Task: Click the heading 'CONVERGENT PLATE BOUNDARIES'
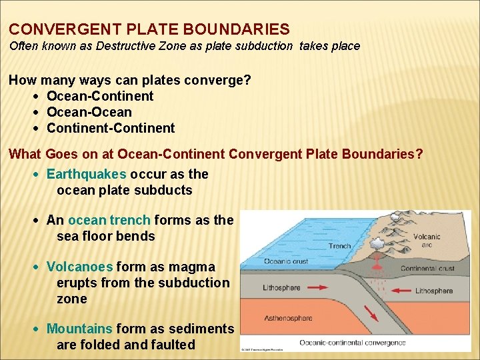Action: pyautogui.click(x=149, y=29)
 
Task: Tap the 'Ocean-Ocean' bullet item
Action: pyautogui.click(x=89, y=112)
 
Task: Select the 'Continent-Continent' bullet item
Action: pyautogui.click(x=111, y=128)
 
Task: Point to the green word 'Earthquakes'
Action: pyautogui.click(x=86, y=174)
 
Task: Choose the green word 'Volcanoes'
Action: pyautogui.click(x=80, y=267)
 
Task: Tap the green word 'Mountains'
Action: pyautogui.click(x=80, y=329)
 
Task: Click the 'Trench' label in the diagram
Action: pyautogui.click(x=339, y=246)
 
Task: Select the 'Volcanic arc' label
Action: pyautogui.click(x=427, y=241)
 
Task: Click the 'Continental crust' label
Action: pyautogui.click(x=427, y=269)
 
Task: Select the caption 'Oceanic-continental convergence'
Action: pyautogui.click(x=352, y=343)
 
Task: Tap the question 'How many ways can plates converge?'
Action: pyautogui.click(x=130, y=80)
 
